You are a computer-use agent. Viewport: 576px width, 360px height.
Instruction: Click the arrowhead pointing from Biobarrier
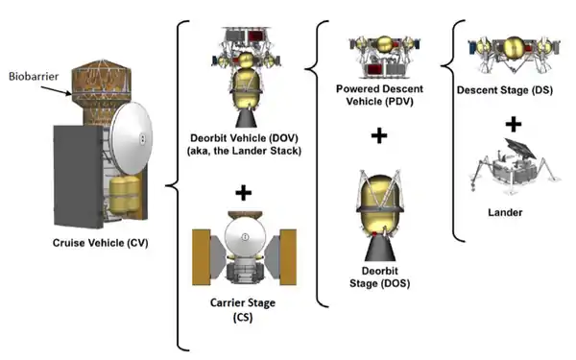pyautogui.click(x=68, y=94)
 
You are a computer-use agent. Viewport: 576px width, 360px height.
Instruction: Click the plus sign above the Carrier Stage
pyautogui.click(x=244, y=192)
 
